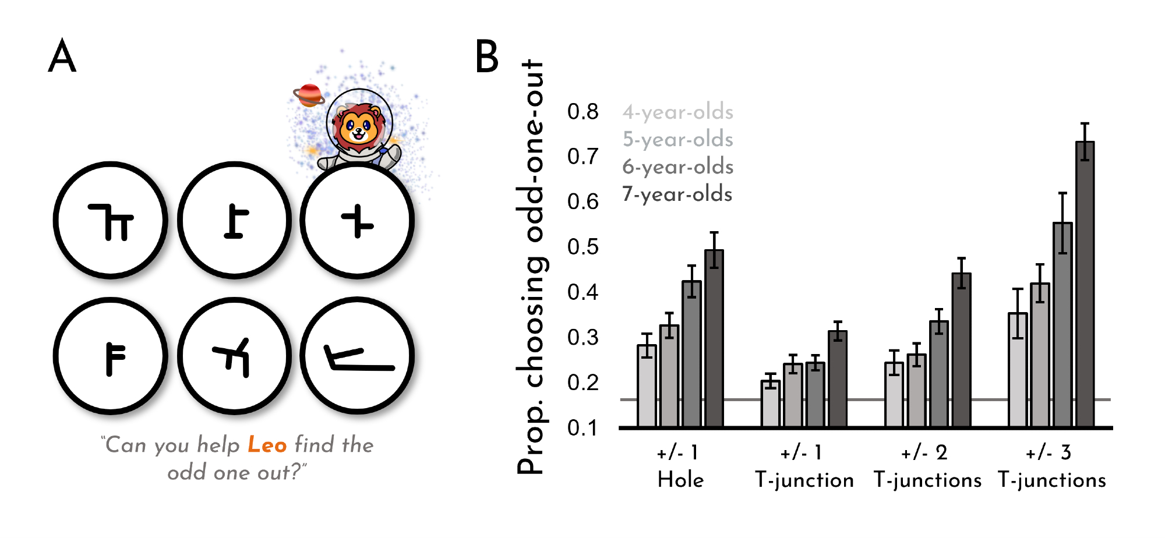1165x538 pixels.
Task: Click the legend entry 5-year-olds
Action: [677, 139]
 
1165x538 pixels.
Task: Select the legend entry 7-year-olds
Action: [677, 194]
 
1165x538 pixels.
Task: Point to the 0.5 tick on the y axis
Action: [582, 247]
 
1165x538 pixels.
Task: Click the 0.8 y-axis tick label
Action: [582, 111]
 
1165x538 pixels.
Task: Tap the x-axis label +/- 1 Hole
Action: [680, 466]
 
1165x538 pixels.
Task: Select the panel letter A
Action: [62, 56]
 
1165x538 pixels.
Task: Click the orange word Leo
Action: [267, 445]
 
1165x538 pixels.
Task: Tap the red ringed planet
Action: [309, 95]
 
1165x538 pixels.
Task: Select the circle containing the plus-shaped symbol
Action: [357, 221]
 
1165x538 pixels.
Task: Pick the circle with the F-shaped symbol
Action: [111, 356]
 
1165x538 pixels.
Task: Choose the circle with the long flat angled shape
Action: [357, 356]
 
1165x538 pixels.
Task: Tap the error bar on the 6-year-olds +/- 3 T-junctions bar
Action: [1062, 223]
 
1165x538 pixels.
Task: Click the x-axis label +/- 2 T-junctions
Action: [927, 466]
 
